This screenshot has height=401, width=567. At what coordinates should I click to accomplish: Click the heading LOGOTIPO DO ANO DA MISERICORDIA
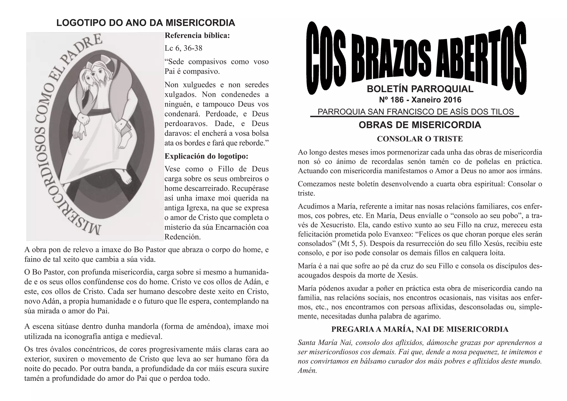click(x=146, y=23)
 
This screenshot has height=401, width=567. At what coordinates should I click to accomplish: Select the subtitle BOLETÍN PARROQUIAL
click(x=420, y=89)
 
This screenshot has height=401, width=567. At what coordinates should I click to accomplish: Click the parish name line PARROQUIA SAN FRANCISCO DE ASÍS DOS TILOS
click(x=416, y=112)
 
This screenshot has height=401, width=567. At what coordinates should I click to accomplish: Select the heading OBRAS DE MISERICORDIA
click(x=420, y=125)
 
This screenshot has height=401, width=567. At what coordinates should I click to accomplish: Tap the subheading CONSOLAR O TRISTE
click(x=420, y=139)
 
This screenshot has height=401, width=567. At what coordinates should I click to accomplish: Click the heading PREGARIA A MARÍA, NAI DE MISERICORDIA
click(x=420, y=329)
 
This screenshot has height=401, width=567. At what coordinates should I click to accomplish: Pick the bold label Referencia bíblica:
click(x=197, y=36)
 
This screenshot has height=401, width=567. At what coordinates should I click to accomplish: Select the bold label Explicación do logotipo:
click(x=206, y=156)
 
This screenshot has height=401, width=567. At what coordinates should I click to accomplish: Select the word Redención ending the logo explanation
click(x=182, y=237)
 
